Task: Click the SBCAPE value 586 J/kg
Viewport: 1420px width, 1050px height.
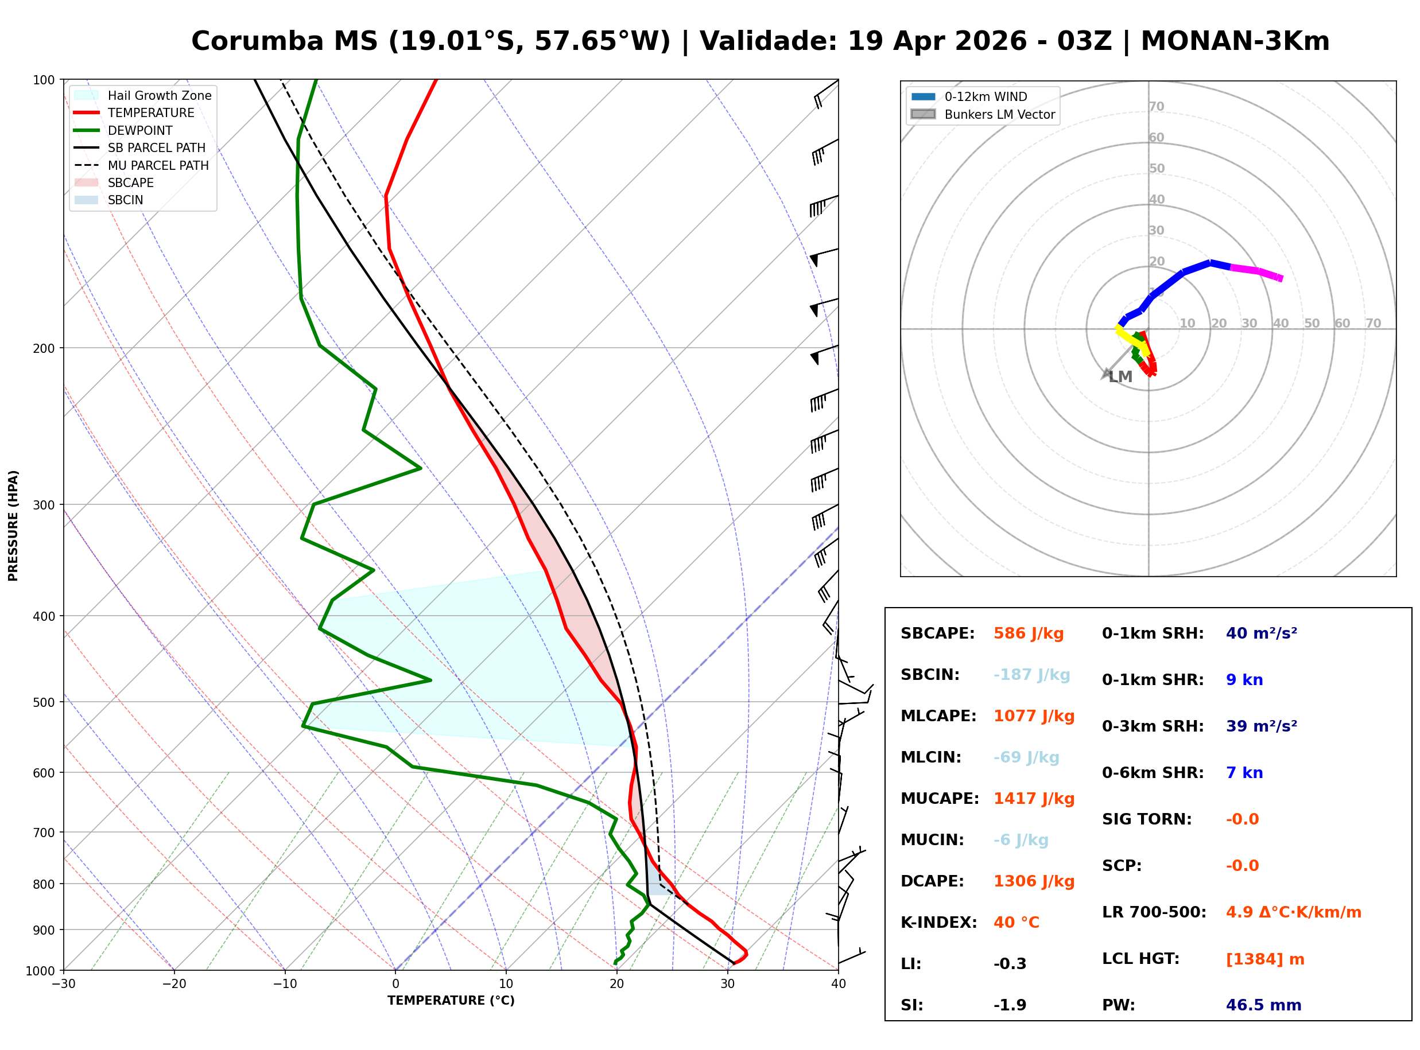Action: pyautogui.click(x=1028, y=633)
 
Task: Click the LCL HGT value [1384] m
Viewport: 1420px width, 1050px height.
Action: pyautogui.click(x=1264, y=959)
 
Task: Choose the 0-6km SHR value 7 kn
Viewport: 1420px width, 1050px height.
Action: pyautogui.click(x=1244, y=773)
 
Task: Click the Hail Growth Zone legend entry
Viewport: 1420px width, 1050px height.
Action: pyautogui.click(x=159, y=95)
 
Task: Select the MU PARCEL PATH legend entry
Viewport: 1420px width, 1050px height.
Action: pyautogui.click(x=158, y=165)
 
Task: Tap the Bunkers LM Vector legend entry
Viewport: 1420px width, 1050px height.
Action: pyautogui.click(x=999, y=114)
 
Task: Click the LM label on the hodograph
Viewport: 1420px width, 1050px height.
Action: pyautogui.click(x=1120, y=377)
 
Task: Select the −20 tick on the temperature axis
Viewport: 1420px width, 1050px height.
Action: pyautogui.click(x=173, y=984)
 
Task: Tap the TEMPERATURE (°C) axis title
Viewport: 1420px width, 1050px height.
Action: pyautogui.click(x=451, y=1001)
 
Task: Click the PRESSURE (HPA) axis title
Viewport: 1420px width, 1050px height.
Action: pyautogui.click(x=13, y=526)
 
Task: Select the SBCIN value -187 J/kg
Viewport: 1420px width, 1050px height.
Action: pyautogui.click(x=1031, y=675)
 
